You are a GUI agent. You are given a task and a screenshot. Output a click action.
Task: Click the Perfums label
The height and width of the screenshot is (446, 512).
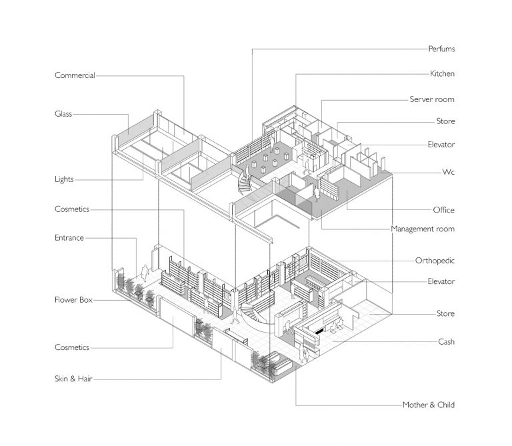point(441,49)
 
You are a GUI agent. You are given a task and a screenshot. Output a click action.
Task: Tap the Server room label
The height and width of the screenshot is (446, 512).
point(432,99)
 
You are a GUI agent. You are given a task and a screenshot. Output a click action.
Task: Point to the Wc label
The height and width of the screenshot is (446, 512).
point(449,171)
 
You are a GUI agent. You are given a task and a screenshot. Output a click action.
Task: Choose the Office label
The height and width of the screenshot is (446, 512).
point(443,210)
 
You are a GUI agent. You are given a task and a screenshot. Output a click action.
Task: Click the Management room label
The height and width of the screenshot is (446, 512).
point(423,229)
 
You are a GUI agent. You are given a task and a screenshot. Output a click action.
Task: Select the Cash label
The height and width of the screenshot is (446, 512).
point(446,341)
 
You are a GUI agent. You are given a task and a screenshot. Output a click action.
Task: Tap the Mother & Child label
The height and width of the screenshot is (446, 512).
point(429,405)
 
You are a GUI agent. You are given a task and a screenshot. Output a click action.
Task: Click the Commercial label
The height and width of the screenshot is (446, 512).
point(75,75)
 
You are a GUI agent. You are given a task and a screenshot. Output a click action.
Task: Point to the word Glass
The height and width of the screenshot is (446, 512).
point(63,114)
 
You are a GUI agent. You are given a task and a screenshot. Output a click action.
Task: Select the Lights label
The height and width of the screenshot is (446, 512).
point(64,179)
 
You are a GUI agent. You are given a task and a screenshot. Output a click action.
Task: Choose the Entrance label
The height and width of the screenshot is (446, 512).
point(69,237)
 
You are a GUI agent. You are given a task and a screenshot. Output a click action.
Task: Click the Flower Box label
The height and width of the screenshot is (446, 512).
point(73,300)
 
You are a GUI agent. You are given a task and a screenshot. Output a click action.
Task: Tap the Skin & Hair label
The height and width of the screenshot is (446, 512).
point(73,379)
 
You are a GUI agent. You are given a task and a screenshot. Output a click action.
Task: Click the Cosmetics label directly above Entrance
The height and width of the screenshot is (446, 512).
point(72,209)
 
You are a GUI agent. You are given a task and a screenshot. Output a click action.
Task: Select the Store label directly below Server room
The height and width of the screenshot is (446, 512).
point(445,121)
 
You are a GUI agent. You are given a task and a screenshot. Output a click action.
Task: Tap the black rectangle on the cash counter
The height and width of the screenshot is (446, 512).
point(321,330)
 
